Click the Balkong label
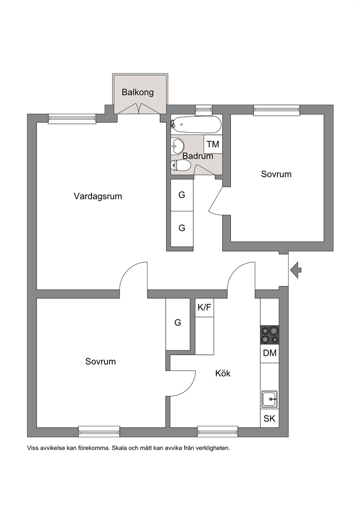(x=138, y=92)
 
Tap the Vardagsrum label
(x=98, y=196)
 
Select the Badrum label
(x=198, y=156)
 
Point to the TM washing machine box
(x=213, y=144)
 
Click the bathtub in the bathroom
(x=196, y=125)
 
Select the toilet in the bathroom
(x=181, y=165)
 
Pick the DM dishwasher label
(x=270, y=353)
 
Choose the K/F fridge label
(x=204, y=308)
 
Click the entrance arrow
(x=296, y=270)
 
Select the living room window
(x=72, y=119)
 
